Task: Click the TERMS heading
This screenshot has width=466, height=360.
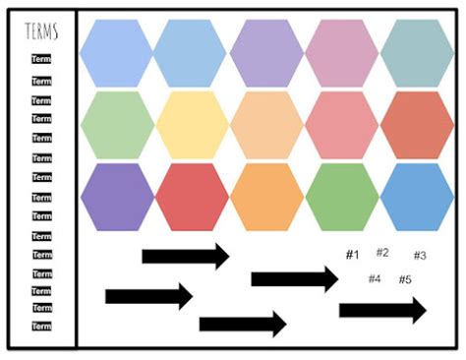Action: click(41, 31)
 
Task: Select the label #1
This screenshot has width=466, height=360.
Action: click(352, 256)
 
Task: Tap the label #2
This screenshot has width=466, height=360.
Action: click(382, 253)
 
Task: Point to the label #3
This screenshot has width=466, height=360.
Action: click(419, 256)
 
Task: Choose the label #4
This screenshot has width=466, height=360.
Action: click(374, 279)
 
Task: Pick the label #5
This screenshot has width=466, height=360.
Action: click(405, 279)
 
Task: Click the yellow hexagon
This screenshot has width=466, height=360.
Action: click(193, 126)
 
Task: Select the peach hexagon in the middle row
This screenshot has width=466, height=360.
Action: click(267, 126)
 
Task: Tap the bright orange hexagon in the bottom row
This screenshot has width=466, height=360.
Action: click(267, 197)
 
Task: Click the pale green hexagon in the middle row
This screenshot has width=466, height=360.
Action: click(117, 126)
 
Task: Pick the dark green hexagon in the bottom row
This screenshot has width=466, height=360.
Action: click(342, 197)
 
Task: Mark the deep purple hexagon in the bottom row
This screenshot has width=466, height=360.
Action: click(117, 197)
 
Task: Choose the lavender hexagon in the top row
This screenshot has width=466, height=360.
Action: click(267, 53)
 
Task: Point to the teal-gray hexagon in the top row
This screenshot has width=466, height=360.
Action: click(417, 53)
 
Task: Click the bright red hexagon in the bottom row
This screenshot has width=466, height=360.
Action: click(193, 197)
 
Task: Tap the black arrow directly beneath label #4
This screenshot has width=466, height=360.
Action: click(382, 311)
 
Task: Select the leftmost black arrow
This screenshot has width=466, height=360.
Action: click(148, 295)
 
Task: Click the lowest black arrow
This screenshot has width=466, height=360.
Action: click(242, 324)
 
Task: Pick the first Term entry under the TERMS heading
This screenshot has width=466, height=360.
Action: click(41, 61)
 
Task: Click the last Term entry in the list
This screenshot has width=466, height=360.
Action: click(41, 327)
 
